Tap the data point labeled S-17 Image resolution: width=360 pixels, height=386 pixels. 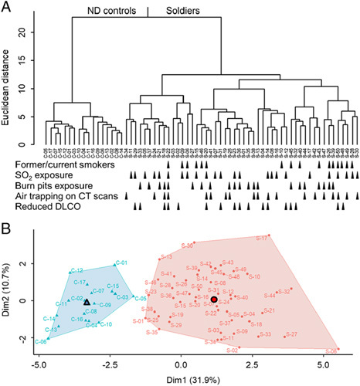[270, 235]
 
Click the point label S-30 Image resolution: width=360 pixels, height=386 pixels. [188, 245]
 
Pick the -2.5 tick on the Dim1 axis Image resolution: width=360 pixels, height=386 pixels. [110, 361]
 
